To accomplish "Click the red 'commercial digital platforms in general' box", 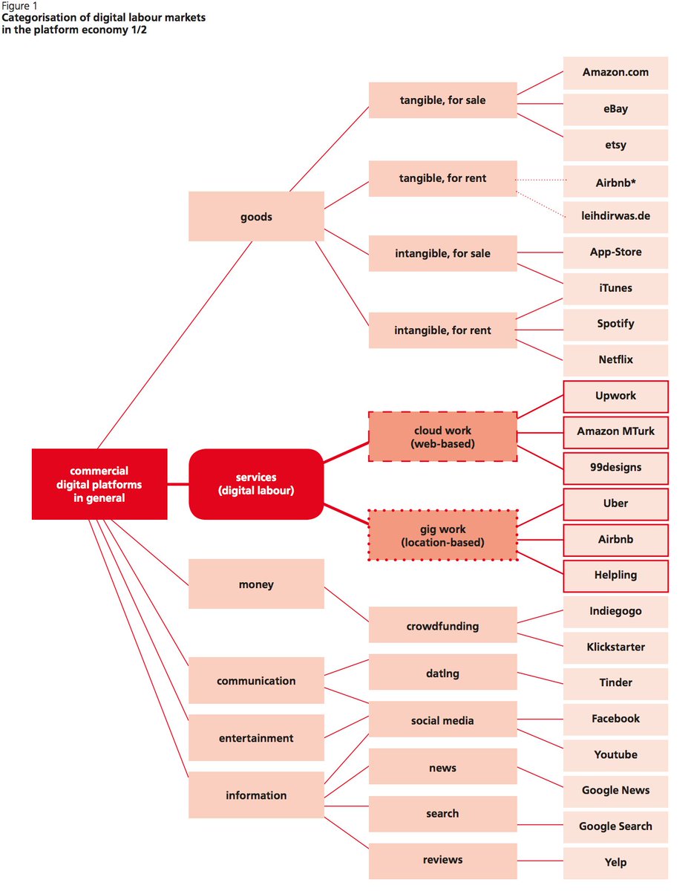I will coord(99,484).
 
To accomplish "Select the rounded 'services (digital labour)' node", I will coord(256,484).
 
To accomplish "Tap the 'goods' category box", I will coord(256,217).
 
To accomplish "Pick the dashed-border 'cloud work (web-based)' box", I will coord(442,437).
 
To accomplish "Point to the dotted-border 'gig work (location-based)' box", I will coord(442,535).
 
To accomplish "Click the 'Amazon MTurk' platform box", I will coord(615,431).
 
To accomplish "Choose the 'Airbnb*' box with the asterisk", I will coord(615,181).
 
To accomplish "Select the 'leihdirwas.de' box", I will coord(615,217).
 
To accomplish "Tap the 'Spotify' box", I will coord(615,324).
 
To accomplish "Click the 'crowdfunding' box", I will coord(442,625).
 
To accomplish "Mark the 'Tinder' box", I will coord(615,682).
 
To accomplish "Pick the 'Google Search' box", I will coord(615,826).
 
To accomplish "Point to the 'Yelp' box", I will coord(615,863).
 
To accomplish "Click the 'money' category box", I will coord(256,584).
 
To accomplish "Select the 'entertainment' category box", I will coord(256,738).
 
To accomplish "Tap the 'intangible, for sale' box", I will coord(442,253).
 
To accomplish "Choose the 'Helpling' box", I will coord(615,575).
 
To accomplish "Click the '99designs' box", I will coord(615,468).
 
